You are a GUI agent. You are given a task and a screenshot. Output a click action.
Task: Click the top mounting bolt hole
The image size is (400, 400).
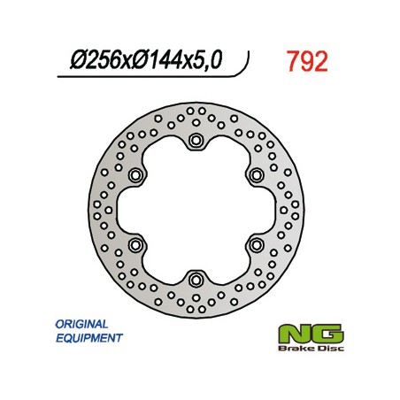click(196, 140)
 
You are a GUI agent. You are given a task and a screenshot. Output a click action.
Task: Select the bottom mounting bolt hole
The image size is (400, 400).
click(196, 279)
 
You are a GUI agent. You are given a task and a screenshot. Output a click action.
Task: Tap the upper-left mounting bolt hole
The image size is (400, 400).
click(135, 175)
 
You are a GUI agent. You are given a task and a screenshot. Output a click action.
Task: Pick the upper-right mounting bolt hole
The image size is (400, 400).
click(256, 175)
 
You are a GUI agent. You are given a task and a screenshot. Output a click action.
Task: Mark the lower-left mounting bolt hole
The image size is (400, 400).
click(135, 244)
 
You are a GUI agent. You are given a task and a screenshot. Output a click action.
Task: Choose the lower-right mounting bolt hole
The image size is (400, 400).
click(256, 244)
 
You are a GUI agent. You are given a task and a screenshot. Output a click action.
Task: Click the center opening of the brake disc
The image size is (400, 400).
click(196, 210)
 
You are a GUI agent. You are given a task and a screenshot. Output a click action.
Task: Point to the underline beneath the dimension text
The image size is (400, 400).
click(150, 77)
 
